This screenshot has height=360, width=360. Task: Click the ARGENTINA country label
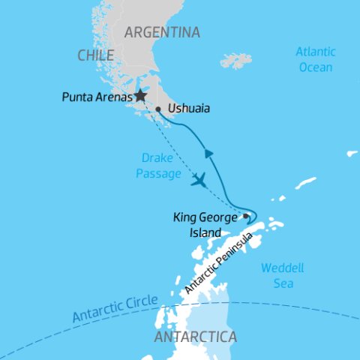click(x=162, y=32)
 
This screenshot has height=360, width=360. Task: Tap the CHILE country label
click(x=95, y=55)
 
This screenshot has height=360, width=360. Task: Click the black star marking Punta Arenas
click(x=139, y=96)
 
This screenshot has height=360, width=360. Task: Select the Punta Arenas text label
click(x=96, y=97)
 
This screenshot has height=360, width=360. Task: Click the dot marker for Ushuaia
click(x=158, y=109)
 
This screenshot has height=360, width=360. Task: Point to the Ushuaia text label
click(x=189, y=109)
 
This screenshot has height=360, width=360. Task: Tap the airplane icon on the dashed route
click(x=199, y=180)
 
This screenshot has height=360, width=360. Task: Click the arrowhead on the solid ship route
click(x=210, y=154)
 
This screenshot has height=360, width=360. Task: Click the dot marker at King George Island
click(x=246, y=216)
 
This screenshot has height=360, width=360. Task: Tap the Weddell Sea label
click(x=277, y=275)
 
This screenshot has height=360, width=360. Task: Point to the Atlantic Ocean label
click(x=314, y=59)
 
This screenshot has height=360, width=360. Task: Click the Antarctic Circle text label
click(x=115, y=308)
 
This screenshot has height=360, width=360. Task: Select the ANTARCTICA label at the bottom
click(x=195, y=337)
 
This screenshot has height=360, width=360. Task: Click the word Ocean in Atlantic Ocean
click(x=314, y=67)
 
